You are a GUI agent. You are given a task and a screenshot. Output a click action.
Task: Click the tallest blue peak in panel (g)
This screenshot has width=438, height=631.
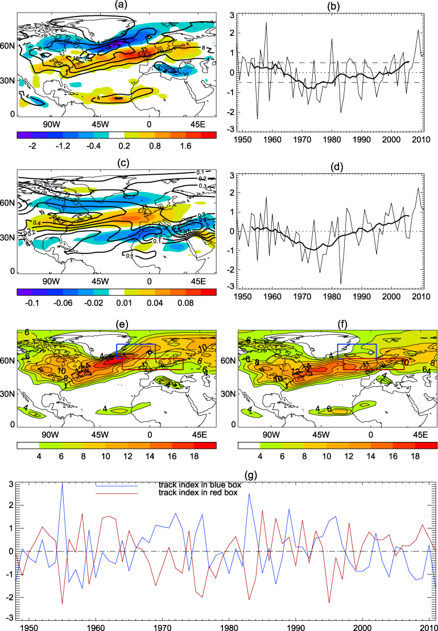click(x=62, y=484)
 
